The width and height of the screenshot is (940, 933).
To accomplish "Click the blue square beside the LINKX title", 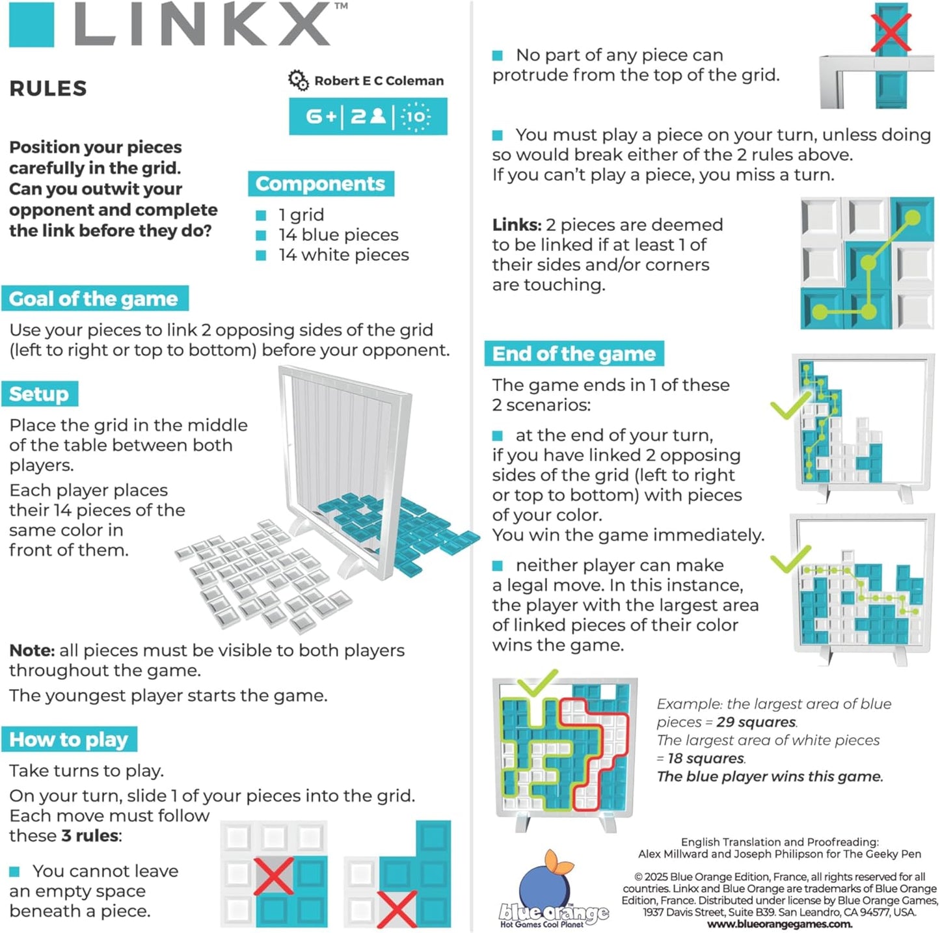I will click(31, 25).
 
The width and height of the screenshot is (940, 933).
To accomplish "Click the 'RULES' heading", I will click(48, 88).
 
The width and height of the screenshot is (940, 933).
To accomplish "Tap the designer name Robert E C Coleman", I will click(379, 81).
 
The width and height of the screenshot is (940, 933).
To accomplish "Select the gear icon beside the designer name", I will click(298, 81).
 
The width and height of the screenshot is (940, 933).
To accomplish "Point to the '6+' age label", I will click(321, 116).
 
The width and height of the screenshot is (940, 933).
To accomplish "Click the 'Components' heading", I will click(320, 183).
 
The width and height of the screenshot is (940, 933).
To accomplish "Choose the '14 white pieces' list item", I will click(343, 255).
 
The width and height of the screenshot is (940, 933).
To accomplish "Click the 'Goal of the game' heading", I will click(94, 299).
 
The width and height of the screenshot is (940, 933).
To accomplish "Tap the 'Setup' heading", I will click(39, 394).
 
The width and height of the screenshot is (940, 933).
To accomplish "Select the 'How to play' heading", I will click(69, 739).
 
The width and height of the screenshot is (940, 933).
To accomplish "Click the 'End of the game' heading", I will click(574, 353).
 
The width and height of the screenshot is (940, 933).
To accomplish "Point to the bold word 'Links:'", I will click(517, 225).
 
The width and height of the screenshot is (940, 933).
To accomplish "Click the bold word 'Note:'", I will click(32, 651).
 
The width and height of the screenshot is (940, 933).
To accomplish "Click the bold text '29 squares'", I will click(756, 722).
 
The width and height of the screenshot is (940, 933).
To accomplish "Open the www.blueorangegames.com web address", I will click(779, 924).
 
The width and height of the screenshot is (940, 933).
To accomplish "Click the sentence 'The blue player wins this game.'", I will click(770, 776).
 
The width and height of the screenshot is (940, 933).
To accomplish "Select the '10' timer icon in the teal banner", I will click(416, 116).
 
